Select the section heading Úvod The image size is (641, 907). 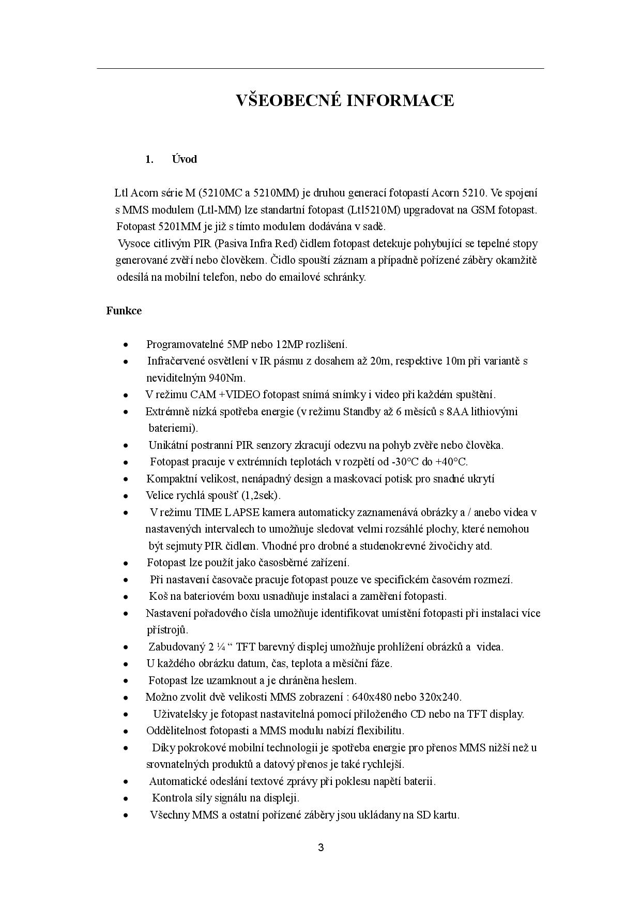(185, 159)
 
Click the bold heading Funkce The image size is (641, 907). (124, 311)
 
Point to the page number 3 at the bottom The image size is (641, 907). (321, 848)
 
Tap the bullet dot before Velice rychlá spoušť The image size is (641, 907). (126, 496)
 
